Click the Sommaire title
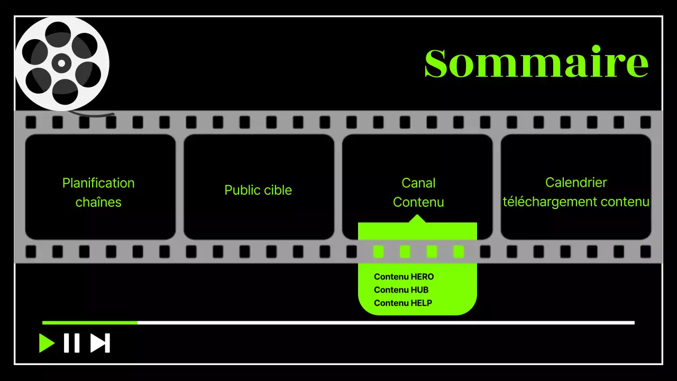click(536, 63)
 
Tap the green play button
click(46, 343)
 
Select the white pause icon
click(71, 343)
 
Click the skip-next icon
click(99, 343)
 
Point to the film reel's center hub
click(61, 63)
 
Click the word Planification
click(98, 183)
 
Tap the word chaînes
click(98, 202)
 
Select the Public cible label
click(258, 190)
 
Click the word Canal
click(418, 183)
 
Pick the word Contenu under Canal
click(418, 202)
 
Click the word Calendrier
click(576, 183)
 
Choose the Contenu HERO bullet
click(404, 277)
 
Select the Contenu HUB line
click(401, 290)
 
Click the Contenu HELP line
click(402, 303)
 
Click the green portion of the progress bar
click(90, 322)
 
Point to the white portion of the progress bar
click(386, 322)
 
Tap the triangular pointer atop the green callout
click(418, 219)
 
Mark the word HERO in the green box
click(422, 277)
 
